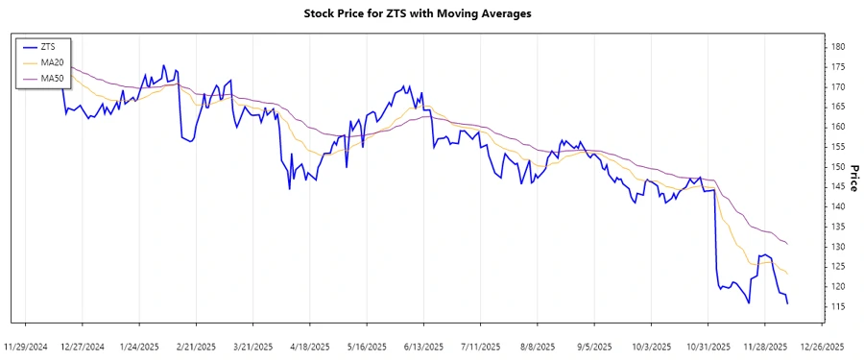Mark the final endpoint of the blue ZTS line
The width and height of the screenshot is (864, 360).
point(788,303)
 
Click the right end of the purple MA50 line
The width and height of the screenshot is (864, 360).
point(788,244)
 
